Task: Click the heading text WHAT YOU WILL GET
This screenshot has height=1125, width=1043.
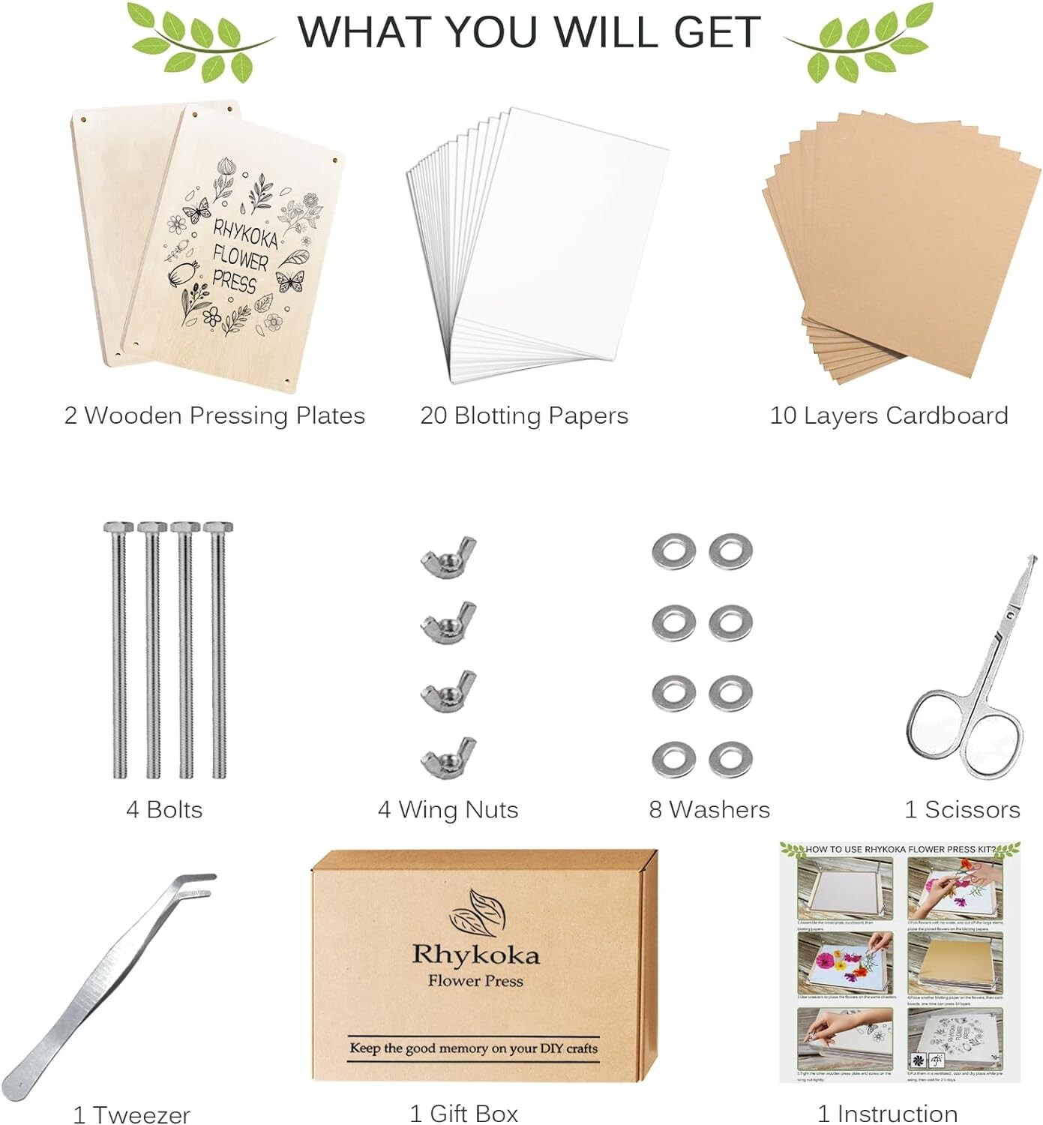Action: click(x=529, y=31)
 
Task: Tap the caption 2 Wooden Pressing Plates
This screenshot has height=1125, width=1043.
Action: click(x=214, y=415)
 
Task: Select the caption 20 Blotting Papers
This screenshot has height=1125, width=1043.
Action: click(x=524, y=415)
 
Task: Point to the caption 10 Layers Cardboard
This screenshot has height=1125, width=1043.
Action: click(x=889, y=415)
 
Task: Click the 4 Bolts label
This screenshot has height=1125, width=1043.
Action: click(x=164, y=809)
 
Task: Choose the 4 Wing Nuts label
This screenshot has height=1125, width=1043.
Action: click(x=448, y=809)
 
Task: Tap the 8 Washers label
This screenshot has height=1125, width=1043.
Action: click(x=709, y=809)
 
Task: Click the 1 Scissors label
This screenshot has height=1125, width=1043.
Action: click(x=962, y=809)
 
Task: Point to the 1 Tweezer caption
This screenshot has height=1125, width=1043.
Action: click(x=132, y=1114)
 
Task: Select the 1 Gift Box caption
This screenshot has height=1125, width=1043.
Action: click(x=464, y=1114)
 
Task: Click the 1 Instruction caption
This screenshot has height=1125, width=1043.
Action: click(x=887, y=1114)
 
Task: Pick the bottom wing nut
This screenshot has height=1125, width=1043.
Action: click(x=448, y=758)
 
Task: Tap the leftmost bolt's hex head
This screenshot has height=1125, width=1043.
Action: click(x=118, y=527)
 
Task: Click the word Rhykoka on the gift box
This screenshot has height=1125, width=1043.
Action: click(x=475, y=955)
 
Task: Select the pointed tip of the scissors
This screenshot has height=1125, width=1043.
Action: click(x=1033, y=559)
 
